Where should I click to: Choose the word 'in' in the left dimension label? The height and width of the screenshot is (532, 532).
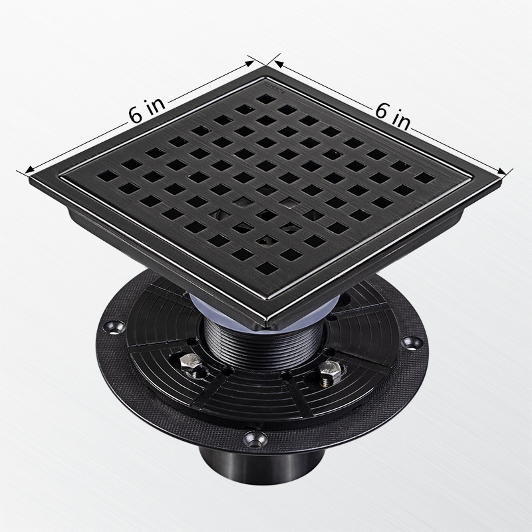point(154,108)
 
